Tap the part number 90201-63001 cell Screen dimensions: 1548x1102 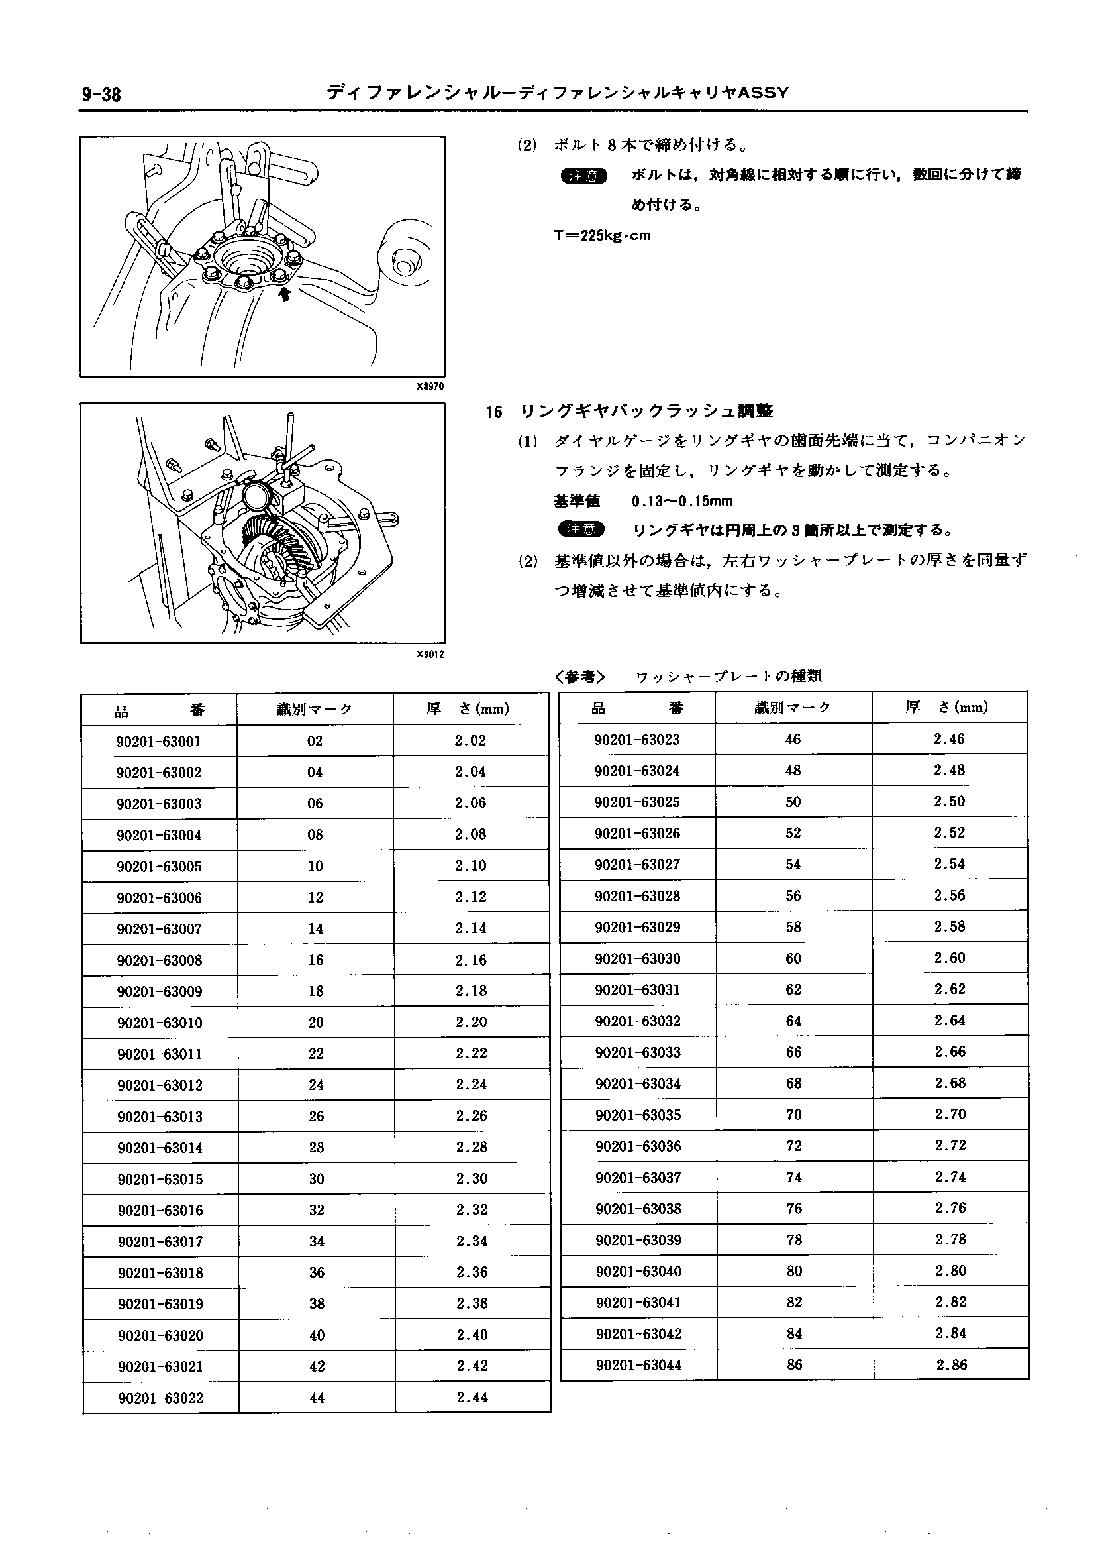tap(159, 741)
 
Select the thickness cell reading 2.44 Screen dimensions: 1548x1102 tap(472, 1397)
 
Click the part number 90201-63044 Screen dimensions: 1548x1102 tap(638, 1364)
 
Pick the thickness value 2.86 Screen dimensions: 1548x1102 tap(952, 1364)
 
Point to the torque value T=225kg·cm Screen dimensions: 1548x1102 tap(602, 236)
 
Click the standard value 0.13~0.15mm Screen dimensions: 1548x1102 tap(681, 501)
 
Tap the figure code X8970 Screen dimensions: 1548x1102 tap(430, 386)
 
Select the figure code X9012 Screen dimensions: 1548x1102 tap(430, 654)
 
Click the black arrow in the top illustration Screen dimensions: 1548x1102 tap(285, 293)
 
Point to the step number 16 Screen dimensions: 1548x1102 tap(494, 412)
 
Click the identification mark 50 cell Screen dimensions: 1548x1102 tap(793, 802)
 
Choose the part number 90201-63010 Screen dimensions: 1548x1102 tap(160, 1023)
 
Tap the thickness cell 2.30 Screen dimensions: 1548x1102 tap(472, 1178)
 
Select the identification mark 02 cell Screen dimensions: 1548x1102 tap(315, 741)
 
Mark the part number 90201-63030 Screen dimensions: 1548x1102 tap(638, 958)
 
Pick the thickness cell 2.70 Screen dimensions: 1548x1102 tap(950, 1114)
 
